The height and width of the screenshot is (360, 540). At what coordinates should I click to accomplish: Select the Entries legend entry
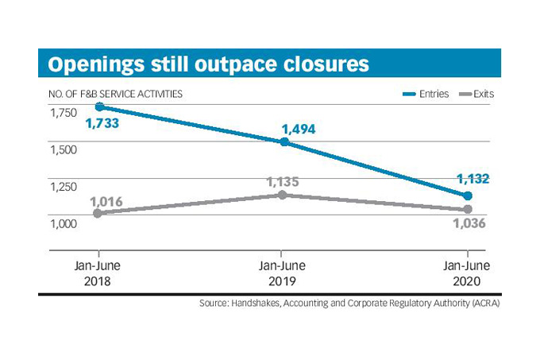[426, 94]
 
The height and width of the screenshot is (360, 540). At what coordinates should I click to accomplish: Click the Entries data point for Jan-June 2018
[98, 106]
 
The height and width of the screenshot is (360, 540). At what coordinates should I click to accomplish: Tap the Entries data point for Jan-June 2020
[468, 195]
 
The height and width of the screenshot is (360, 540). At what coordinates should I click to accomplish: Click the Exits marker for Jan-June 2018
[98, 213]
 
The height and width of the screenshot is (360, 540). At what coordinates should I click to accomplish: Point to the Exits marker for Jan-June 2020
[468, 210]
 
